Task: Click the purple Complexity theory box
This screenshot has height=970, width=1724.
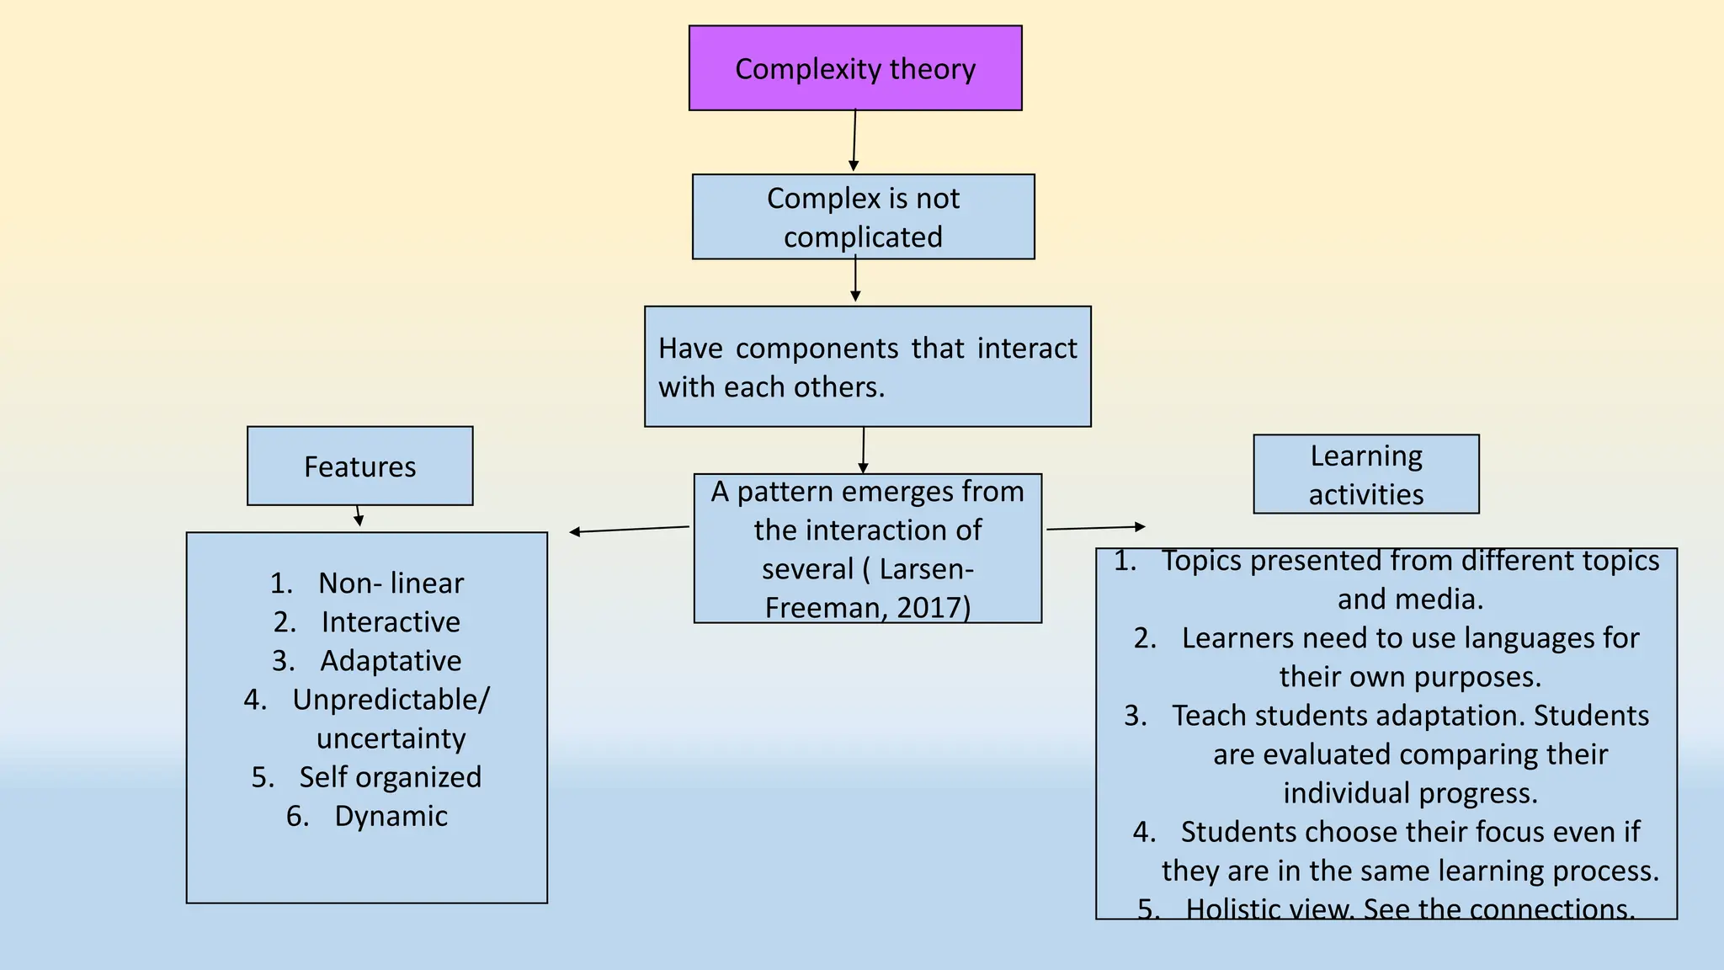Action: click(x=854, y=68)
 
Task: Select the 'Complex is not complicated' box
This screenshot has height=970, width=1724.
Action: click(x=863, y=217)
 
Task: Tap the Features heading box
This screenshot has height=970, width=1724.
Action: click(x=359, y=466)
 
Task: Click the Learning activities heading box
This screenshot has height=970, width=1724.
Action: click(x=1365, y=475)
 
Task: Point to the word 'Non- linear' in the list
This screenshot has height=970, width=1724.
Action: click(x=391, y=583)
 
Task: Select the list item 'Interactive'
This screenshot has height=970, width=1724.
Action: click(x=391, y=622)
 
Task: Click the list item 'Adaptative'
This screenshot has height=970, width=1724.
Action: click(x=391, y=661)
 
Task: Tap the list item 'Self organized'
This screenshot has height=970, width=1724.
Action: click(x=390, y=777)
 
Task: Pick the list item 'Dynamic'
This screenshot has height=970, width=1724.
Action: click(x=391, y=816)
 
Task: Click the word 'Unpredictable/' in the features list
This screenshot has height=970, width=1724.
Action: click(x=391, y=700)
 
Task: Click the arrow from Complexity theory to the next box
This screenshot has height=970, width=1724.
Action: click(x=854, y=140)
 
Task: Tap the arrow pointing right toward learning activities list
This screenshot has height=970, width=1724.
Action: click(x=1095, y=528)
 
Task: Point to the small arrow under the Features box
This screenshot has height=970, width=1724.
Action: click(x=358, y=515)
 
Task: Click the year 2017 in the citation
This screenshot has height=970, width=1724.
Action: click(x=929, y=608)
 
